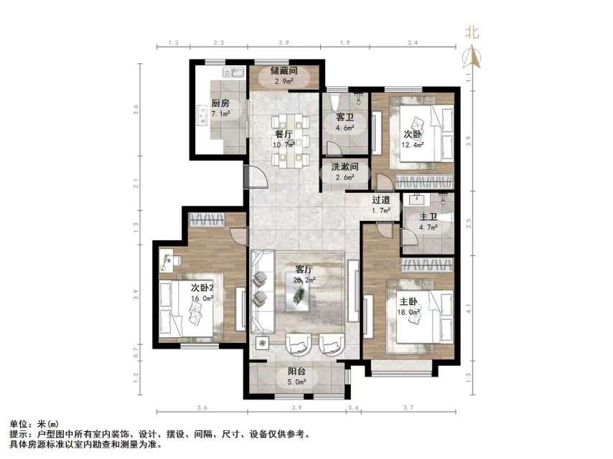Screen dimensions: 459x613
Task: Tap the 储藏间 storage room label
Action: coord(284,71)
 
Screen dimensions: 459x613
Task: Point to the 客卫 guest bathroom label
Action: coord(345,118)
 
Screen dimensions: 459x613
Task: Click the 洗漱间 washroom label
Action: coord(345,166)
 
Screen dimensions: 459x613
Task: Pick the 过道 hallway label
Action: coord(380,200)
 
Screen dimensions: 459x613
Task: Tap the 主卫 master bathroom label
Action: coord(429,217)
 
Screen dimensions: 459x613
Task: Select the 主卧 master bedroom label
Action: coord(408,301)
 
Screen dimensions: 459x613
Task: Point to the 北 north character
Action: coord(472,32)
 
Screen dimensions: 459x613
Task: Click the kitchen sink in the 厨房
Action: coord(234,72)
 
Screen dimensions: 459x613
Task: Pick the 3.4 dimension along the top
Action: coord(411,44)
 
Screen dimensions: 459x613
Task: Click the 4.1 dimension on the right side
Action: coord(469,309)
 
